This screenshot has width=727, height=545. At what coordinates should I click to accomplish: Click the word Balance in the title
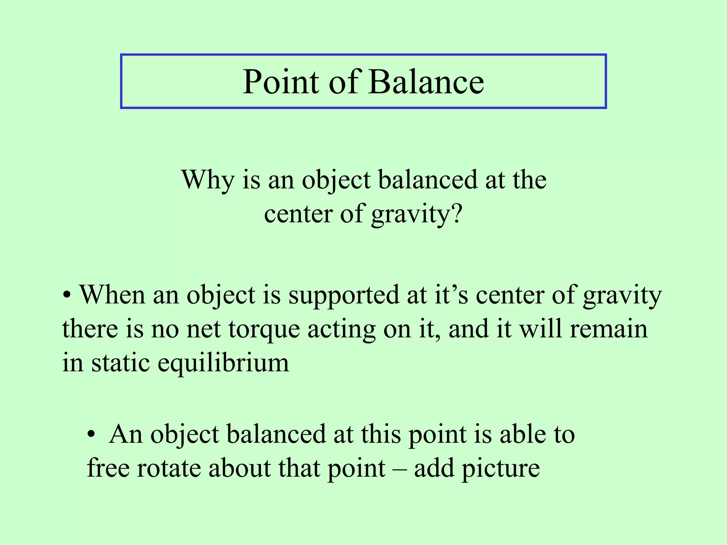coord(426,82)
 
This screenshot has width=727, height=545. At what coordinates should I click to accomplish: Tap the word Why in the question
coord(208,180)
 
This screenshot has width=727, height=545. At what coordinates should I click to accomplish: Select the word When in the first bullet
coord(112,295)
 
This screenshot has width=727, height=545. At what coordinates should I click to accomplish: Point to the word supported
coord(343,296)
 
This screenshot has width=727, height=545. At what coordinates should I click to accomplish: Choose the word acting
coord(341,330)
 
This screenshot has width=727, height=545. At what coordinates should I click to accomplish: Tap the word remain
coord(608,329)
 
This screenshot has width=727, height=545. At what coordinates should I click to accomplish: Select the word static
coord(120,363)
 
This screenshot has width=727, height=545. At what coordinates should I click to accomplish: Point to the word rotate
coord(169,468)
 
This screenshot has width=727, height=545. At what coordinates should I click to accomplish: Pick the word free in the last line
coord(108,468)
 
